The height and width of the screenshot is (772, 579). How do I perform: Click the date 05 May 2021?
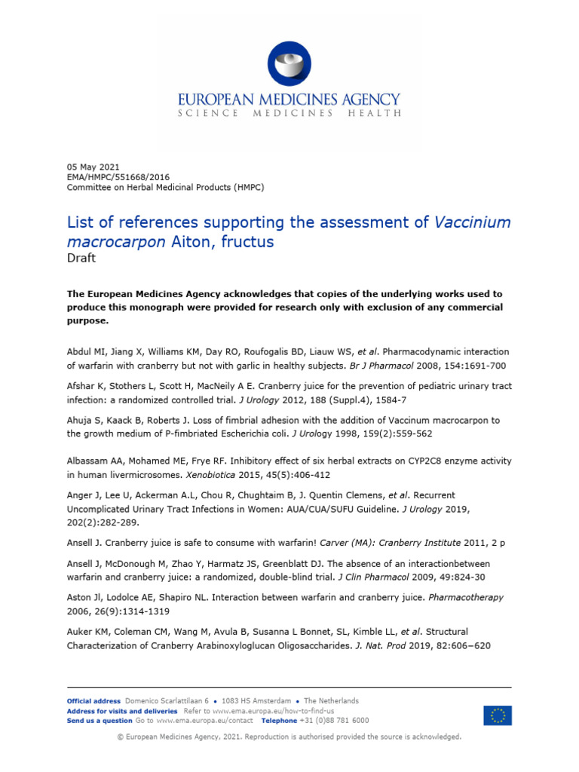coord(93,167)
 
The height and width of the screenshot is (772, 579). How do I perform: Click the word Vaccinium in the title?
coord(473,222)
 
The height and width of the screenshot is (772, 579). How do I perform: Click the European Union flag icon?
coord(498,715)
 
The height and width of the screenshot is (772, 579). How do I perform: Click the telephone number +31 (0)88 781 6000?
coord(329,721)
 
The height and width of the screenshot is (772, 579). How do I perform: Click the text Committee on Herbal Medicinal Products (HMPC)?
coord(165,188)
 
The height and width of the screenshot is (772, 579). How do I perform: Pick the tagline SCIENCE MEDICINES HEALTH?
coord(289,113)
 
